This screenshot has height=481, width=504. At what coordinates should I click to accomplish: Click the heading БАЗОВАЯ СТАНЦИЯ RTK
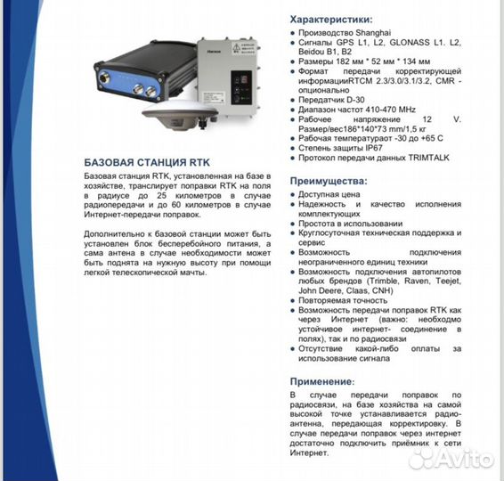pos(147,163)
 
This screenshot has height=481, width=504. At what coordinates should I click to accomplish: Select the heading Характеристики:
pos(332,18)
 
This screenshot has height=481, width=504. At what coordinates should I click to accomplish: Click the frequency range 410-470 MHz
pos(391,107)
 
